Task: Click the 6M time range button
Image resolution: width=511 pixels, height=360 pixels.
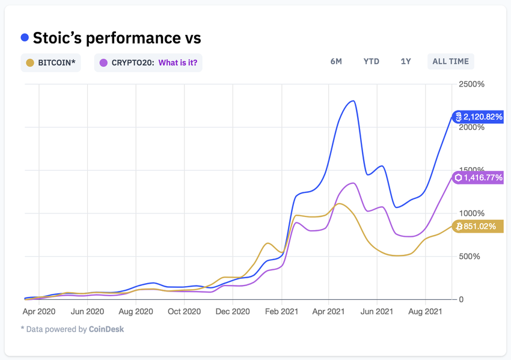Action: tap(336, 61)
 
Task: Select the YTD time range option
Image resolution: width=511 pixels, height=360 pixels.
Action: tap(371, 61)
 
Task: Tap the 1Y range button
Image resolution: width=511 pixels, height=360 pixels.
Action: tap(406, 61)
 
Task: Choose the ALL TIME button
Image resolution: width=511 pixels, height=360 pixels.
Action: tap(450, 61)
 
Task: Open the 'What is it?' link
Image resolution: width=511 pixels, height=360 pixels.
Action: tap(177, 63)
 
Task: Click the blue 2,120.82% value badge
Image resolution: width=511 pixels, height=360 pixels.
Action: tap(478, 117)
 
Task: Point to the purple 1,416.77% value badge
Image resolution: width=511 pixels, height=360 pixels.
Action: tap(478, 178)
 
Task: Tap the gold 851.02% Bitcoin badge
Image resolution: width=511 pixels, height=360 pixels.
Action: tap(478, 227)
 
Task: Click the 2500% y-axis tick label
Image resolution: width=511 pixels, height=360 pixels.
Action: tap(472, 84)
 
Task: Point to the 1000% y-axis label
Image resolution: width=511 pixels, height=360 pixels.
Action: tap(472, 213)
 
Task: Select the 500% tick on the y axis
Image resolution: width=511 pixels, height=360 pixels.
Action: tap(470, 257)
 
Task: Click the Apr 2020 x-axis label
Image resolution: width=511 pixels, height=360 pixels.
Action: tap(39, 312)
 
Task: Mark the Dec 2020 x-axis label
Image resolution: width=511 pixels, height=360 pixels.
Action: tap(233, 312)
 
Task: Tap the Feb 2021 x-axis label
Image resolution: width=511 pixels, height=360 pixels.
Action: tap(281, 312)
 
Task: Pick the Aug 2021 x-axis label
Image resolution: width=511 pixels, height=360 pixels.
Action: tap(425, 312)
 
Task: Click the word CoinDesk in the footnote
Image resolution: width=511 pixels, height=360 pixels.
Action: tap(106, 329)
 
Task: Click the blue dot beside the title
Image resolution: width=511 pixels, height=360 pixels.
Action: tap(25, 38)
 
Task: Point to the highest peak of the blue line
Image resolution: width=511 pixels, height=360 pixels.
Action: tap(352, 101)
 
